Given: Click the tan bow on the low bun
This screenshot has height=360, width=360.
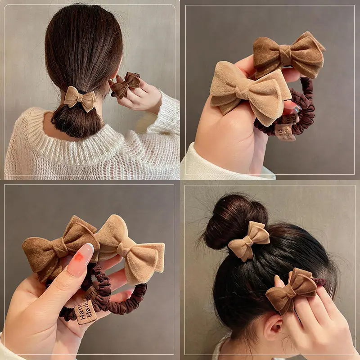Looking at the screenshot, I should (x=80, y=99).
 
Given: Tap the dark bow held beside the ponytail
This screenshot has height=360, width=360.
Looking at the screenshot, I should (x=126, y=84).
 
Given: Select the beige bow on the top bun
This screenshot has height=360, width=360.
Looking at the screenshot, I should (x=248, y=241).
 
